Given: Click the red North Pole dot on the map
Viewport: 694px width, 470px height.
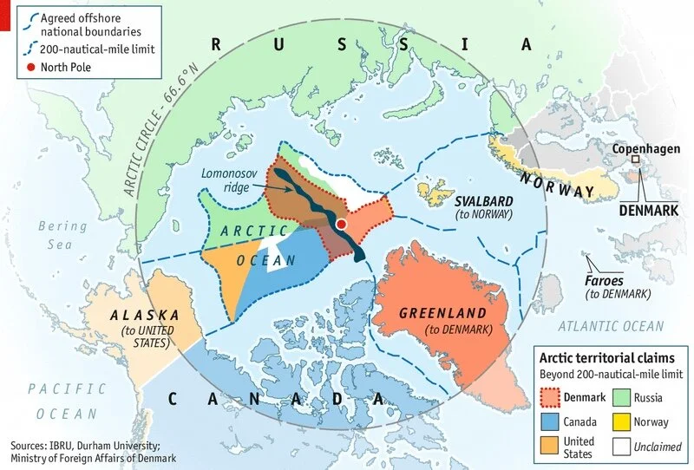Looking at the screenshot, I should pyautogui.click(x=342, y=225).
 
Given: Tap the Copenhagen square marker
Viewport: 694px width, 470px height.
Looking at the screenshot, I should pyautogui.click(x=635, y=160).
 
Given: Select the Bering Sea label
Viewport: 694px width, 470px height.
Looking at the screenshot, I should pyautogui.click(x=62, y=235).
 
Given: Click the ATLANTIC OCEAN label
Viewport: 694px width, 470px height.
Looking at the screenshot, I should pyautogui.click(x=610, y=326).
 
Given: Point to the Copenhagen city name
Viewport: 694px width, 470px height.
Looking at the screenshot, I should pyautogui.click(x=646, y=148).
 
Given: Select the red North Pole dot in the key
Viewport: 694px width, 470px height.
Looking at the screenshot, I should pyautogui.click(x=32, y=67).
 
